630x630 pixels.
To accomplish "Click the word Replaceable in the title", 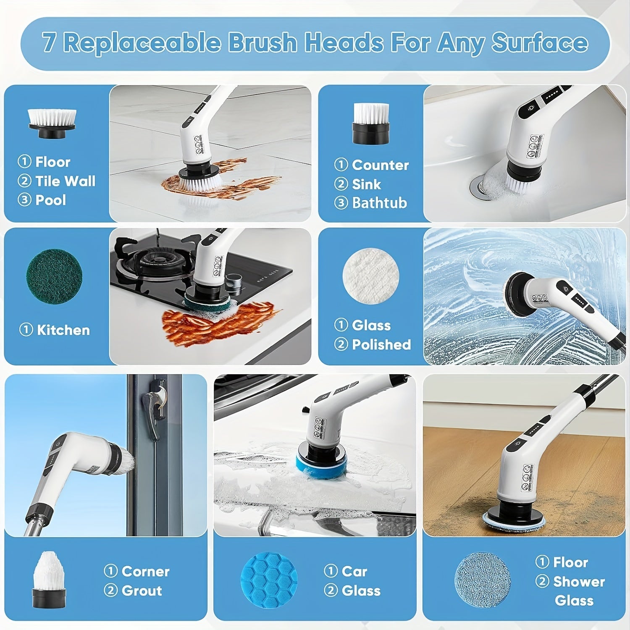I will [x=142, y=43].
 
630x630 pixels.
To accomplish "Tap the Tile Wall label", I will [x=65, y=181].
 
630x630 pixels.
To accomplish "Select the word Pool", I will [x=50, y=200].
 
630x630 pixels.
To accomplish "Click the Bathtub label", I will [x=379, y=203].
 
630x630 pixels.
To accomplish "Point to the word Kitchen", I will [x=63, y=330].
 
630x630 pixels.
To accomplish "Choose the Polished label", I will [x=381, y=344].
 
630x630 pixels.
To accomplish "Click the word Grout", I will [x=142, y=591].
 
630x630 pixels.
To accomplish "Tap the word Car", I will [x=354, y=571].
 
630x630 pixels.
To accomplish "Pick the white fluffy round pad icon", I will [x=371, y=276].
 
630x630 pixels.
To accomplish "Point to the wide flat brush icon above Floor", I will [x=52, y=123].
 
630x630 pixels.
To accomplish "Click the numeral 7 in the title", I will [x=48, y=43].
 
